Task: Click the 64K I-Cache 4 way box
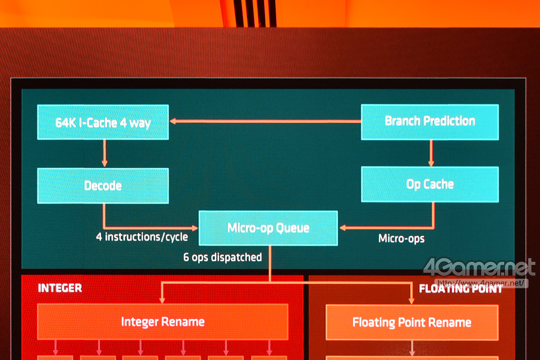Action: tap(103, 122)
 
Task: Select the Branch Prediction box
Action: tap(430, 122)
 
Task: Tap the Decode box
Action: tap(103, 186)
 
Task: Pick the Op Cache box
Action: tap(430, 184)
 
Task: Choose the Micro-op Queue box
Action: tap(268, 228)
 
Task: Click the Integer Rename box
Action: tap(162, 322)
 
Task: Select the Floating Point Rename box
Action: tap(412, 322)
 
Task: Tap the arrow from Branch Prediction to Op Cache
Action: tap(431, 153)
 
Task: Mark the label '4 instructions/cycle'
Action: tap(142, 237)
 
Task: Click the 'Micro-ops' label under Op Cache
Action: tap(401, 239)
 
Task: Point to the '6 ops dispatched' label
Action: tap(223, 257)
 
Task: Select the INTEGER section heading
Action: tap(60, 288)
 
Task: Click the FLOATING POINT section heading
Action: tap(460, 289)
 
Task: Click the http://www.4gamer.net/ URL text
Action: tap(481, 283)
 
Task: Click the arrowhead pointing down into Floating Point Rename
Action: tap(412, 300)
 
